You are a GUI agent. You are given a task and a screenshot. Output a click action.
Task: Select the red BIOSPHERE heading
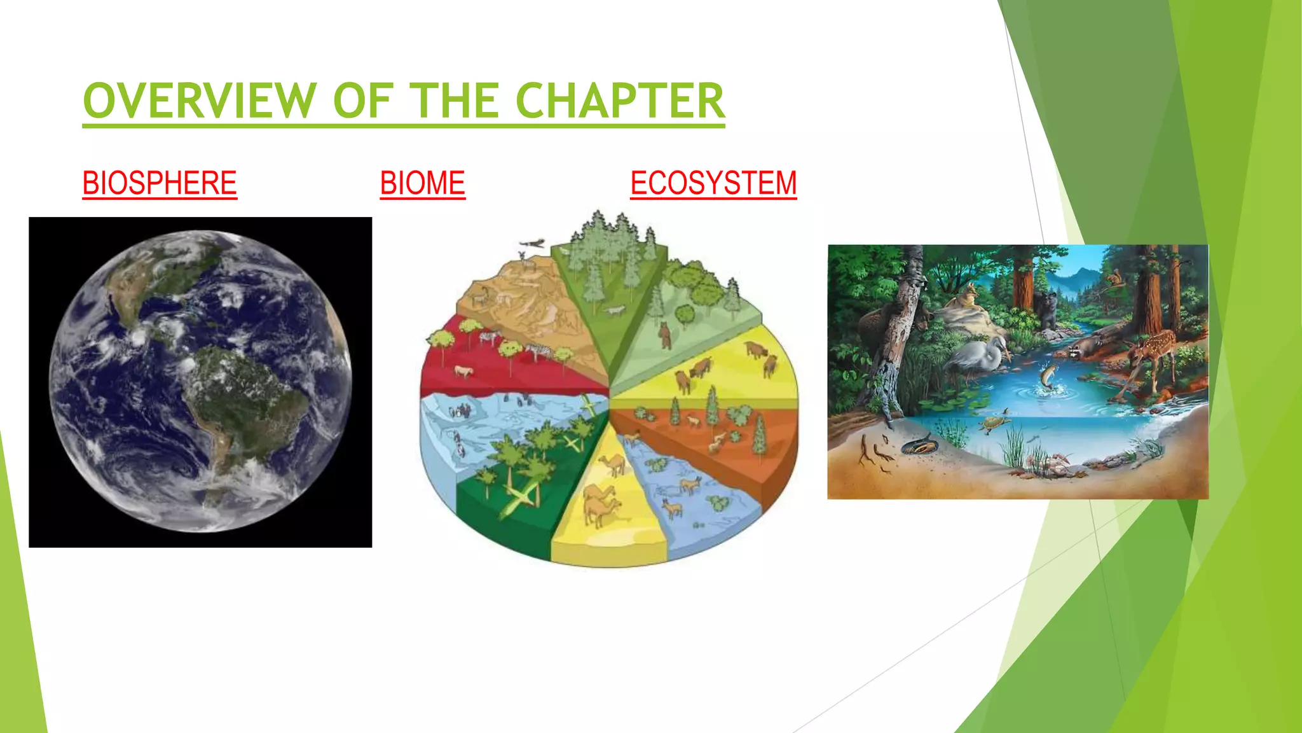click(160, 183)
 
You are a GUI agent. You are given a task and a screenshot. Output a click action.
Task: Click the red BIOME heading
click(423, 183)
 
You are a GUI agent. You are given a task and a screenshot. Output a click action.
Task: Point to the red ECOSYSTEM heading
click(713, 183)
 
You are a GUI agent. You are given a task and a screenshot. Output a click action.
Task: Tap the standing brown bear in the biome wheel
click(665, 335)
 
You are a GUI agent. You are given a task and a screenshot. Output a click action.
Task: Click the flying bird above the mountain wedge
click(533, 243)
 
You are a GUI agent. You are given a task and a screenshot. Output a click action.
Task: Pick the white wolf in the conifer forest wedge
click(615, 311)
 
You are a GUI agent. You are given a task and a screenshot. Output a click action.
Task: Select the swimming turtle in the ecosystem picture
click(995, 422)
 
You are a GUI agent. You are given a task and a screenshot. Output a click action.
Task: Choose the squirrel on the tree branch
click(1114, 278)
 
